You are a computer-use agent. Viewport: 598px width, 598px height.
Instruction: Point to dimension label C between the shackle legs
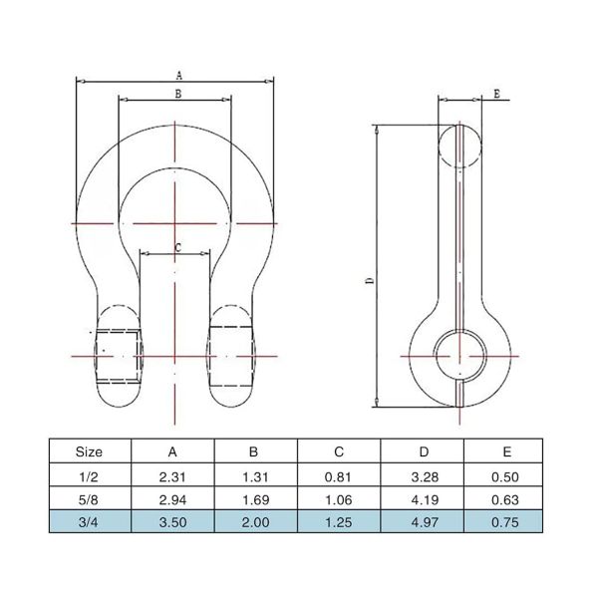(x=177, y=246)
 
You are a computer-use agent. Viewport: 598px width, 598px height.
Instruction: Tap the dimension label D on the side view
(x=368, y=282)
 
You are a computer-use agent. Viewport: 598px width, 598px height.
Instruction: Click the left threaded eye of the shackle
(x=121, y=354)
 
